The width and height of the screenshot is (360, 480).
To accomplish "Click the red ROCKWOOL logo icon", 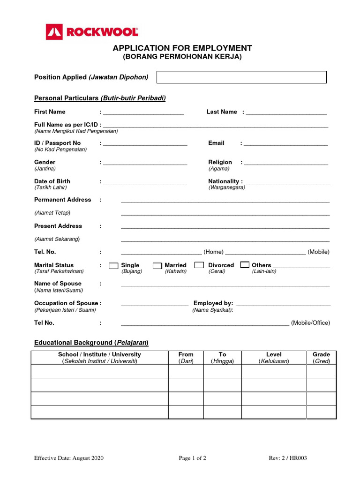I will pos(54,32).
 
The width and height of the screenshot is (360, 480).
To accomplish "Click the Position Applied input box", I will pos(241,77).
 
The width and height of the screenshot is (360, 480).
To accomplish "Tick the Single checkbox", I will pos(113,266).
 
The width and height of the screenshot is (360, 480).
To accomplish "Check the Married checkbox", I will pos(157,266).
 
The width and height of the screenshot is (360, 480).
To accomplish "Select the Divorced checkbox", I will pos(199,265).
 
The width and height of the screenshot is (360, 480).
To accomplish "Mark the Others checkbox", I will pos(245,265).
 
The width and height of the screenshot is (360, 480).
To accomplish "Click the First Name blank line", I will pos(143,112).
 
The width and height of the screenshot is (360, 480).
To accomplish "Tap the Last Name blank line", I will pos(286,112).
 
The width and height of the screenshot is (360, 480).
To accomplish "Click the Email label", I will pos(216,143).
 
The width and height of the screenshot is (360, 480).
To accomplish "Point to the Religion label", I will pos(220,162).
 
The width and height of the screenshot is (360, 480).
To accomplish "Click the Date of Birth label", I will pos(52,181).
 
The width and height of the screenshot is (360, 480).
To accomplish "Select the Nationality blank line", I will pos(288,182).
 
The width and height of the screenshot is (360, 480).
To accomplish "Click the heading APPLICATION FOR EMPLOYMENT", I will pos(182,48).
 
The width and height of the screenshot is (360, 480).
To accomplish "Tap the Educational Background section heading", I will pos(91,343).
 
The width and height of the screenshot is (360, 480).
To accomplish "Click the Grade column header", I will pos(321,354).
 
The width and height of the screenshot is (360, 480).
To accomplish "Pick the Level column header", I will pos(273,354).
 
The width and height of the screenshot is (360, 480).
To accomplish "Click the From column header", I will pos(186,354).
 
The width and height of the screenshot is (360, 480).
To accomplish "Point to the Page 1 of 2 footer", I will pos(193,458).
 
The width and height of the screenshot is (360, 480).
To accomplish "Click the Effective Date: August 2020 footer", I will pos(68,458).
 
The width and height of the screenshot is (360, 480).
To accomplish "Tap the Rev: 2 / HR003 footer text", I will pos(288,458).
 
